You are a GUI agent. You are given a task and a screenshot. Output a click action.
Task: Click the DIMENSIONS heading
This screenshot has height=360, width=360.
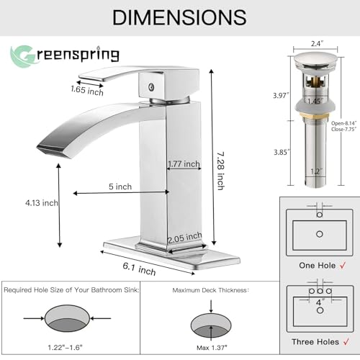180,17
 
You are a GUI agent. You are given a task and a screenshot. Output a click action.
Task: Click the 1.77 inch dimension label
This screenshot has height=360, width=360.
184,164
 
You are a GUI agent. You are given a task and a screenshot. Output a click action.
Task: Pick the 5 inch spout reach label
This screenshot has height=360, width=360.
120,186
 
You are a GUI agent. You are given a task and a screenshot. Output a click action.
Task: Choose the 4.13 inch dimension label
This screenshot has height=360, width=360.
41,202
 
